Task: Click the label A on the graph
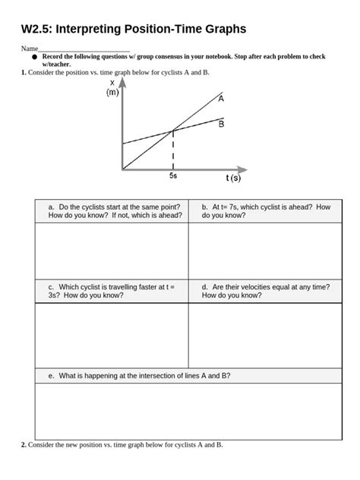[x=221, y=98]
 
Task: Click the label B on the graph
[x=221, y=125]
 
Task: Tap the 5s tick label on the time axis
[x=173, y=176]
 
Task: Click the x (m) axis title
[x=112, y=87]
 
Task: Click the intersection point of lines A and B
[x=174, y=131]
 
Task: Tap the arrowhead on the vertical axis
[x=122, y=81]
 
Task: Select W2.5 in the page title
[x=39, y=30]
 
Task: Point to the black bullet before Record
[x=34, y=57]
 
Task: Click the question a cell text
[x=114, y=210]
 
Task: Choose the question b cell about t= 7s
[x=266, y=210]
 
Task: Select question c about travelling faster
[x=111, y=291]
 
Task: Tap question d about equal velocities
[x=265, y=291]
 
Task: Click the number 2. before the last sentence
[x=24, y=444]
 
